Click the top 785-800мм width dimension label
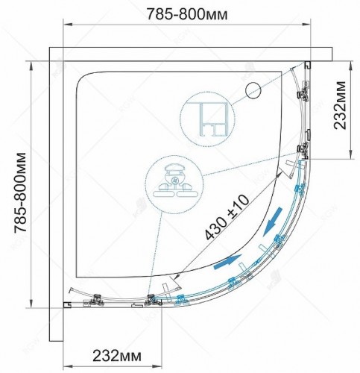point(187,14)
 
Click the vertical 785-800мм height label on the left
point(20,192)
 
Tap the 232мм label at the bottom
point(117,356)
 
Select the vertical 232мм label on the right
point(340,105)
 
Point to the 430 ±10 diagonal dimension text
point(227,217)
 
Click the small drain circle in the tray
point(253,90)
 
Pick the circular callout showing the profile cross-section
point(207,119)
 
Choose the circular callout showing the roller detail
point(174,185)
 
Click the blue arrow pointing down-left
point(273,222)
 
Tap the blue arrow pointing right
point(227,262)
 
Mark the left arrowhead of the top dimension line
point(68,25)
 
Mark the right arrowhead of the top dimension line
point(306,25)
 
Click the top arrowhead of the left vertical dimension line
point(31,66)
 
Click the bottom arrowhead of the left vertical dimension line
point(31,303)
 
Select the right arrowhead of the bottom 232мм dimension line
point(157,366)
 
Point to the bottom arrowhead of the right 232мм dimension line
point(350,154)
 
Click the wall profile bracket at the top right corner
point(308,65)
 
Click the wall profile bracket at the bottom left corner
point(67,305)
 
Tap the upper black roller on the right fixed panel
point(303,95)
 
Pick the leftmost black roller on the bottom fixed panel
point(97,299)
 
